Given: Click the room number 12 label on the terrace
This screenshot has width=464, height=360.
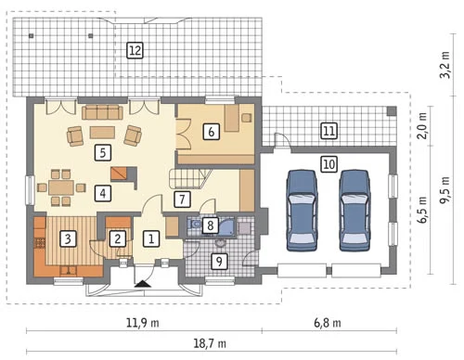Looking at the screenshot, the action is coord(135,50).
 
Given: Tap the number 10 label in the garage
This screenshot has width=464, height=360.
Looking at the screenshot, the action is coord(329,164).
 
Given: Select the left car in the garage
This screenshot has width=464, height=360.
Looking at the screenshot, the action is coord(302,210).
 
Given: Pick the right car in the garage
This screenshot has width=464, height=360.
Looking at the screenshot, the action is coord(354,210).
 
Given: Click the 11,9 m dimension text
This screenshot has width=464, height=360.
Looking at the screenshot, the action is coord(143,323).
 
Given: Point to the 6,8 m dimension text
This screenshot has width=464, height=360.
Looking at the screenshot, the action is coord(328,323).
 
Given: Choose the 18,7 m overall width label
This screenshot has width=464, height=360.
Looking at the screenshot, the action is coord(210,343).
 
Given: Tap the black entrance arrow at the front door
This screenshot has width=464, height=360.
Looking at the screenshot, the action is coord(143,284).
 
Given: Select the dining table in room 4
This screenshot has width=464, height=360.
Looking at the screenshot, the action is coord(61,187).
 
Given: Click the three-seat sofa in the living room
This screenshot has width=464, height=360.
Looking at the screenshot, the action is coord(102,112).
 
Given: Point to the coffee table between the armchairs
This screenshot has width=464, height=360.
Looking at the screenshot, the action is coord(102,133).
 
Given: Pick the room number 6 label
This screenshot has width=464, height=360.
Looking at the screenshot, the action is coord(211,132).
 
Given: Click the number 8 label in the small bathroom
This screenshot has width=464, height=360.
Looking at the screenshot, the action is coord(211,225).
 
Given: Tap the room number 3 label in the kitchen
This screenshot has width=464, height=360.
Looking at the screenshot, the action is coord(68,238).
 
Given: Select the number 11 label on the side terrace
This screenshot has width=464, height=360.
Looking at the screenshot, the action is coord(329,130).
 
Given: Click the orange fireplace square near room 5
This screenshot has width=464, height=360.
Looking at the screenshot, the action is coord(119,174).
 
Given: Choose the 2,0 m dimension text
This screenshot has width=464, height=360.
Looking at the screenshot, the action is coord(423,126).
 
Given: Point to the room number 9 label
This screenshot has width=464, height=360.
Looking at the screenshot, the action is coord(219,262).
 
